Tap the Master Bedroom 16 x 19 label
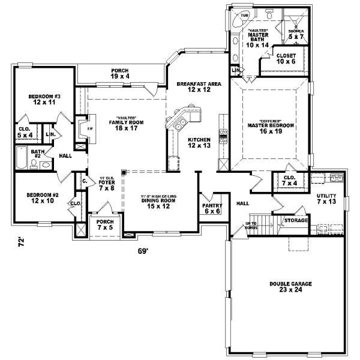pos(271,128)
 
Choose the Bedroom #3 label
pos(44,100)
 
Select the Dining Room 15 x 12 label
pos(159,203)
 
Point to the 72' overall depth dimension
pos(20,243)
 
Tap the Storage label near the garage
pos(296,221)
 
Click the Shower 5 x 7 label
pos(296,34)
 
